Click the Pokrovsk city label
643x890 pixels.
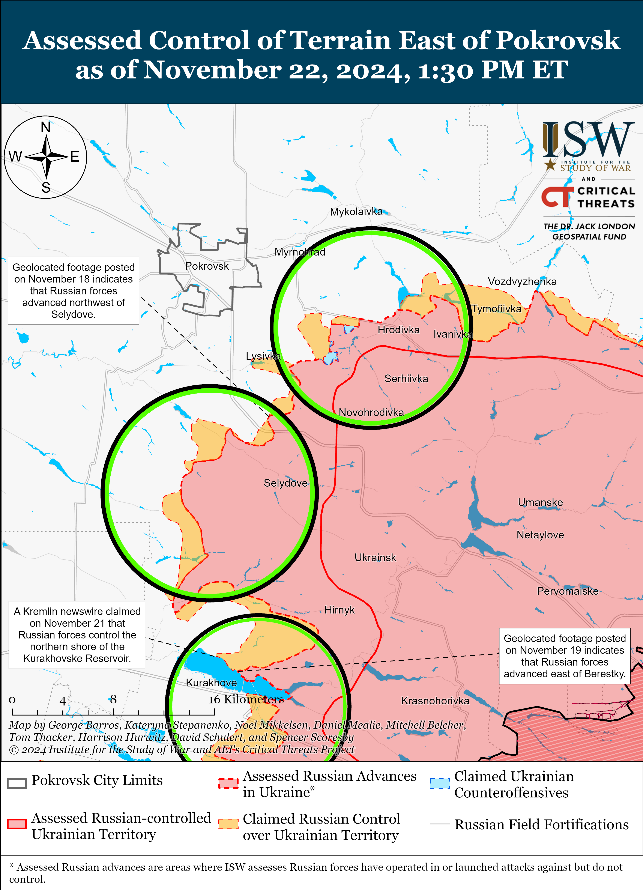[x=207, y=266]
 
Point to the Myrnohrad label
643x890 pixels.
[x=300, y=252]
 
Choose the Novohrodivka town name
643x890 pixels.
[x=371, y=412]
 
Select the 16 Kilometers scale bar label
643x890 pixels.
[x=246, y=699]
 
